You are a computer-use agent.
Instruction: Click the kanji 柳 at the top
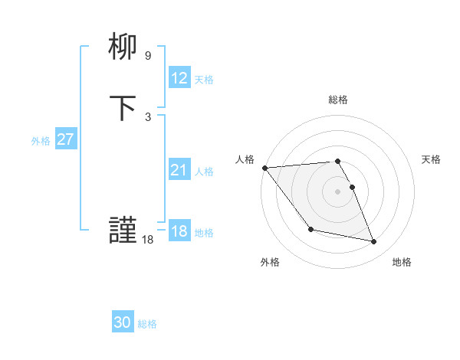coord(123,48)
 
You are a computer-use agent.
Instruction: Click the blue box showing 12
coord(179,78)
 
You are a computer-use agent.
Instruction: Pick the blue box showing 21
coord(179,170)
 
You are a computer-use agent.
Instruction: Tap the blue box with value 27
coord(66,139)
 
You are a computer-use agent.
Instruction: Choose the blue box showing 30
coord(123,322)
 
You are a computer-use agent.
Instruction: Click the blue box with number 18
coord(179,231)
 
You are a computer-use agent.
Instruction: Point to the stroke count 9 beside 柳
coord(148,56)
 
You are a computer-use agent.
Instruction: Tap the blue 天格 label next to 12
coord(204,80)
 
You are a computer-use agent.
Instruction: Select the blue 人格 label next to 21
coord(204,172)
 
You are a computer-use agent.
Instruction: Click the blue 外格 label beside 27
coord(41,141)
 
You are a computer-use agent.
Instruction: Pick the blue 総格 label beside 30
coord(147,324)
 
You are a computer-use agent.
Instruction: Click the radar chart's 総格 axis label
coord(338,100)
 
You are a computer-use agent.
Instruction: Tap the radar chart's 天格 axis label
coord(432,159)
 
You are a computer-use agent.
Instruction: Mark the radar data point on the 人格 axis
coord(264,168)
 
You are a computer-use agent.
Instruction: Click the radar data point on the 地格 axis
coord(374,242)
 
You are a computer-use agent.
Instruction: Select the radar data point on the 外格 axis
coord(310,229)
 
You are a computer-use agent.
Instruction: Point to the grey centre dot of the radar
coord(338,191)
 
